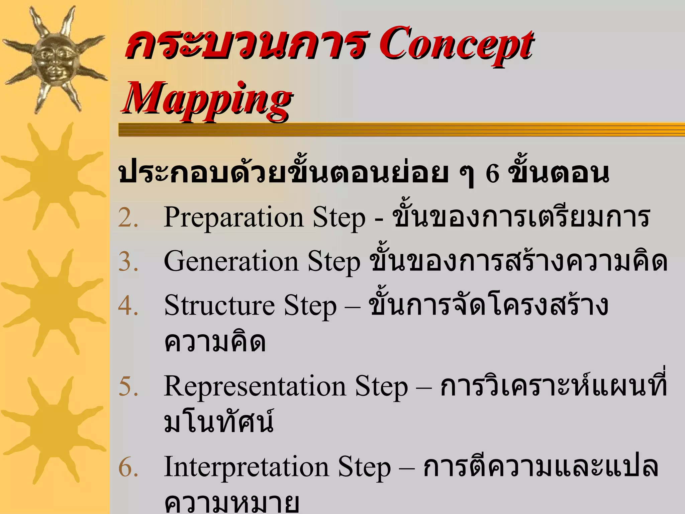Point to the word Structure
pyautogui.click(x=219, y=306)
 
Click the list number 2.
pyautogui.click(x=127, y=219)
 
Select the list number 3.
pyautogui.click(x=127, y=262)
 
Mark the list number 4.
pyautogui.click(x=127, y=306)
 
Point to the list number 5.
pyautogui.click(x=127, y=387)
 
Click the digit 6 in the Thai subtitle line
pyautogui.click(x=492, y=174)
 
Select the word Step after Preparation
pyautogui.click(x=339, y=219)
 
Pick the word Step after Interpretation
pyautogui.click(x=364, y=467)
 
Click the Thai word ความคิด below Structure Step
pyautogui.click(x=215, y=342)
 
